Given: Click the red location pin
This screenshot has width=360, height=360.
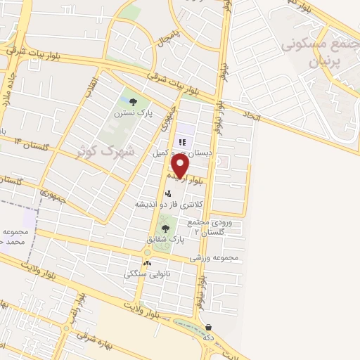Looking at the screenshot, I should [180, 166].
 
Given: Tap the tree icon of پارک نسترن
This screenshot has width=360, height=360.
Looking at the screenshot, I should [133, 102].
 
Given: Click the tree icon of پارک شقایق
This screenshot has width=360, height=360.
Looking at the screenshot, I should [165, 228].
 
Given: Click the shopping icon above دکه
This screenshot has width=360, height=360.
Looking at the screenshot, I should [210, 326].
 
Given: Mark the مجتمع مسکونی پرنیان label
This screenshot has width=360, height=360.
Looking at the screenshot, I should [314, 53].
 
